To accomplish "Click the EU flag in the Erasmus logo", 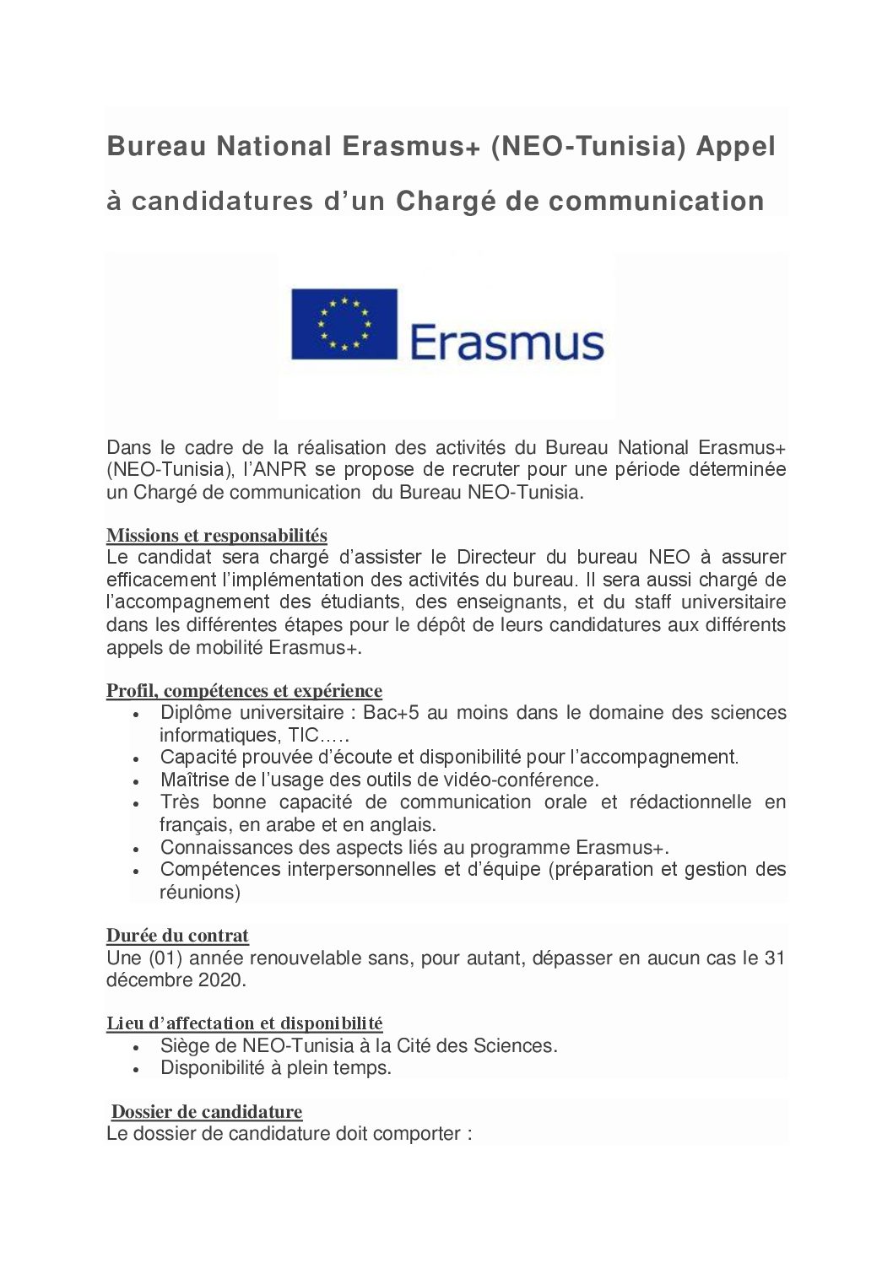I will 344,324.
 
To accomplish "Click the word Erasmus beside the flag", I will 506,342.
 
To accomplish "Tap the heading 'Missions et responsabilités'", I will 217,535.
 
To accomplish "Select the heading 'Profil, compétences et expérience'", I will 244,691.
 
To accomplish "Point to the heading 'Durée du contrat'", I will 177,936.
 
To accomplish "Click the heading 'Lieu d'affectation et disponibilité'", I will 244,1023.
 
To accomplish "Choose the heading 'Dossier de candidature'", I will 207,1112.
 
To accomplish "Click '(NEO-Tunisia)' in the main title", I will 587,147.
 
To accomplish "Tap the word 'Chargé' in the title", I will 446,202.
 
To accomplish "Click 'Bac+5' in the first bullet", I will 391,713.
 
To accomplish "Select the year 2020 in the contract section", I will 221,980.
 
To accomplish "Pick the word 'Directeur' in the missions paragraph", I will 495,557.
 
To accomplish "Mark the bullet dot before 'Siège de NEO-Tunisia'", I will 137,1047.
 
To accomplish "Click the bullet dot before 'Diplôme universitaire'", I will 137,714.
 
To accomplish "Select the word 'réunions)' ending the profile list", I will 200,892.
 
